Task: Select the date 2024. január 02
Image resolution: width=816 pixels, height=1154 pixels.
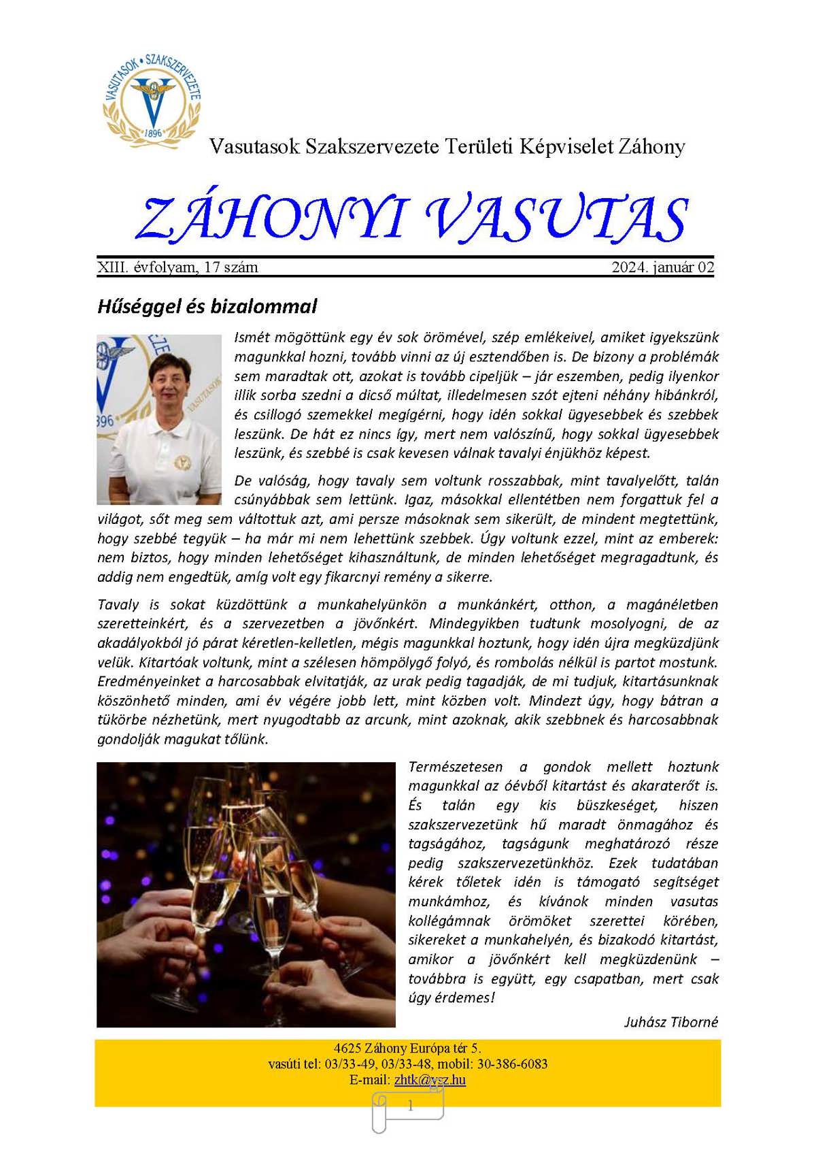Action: pos(662,267)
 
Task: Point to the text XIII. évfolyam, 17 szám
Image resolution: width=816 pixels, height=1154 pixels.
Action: pos(177,267)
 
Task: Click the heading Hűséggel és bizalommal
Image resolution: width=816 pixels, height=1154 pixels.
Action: pos(207,306)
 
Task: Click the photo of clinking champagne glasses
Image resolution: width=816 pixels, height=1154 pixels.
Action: pos(245,894)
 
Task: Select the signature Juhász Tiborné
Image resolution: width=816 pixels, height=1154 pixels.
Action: pos(670,1022)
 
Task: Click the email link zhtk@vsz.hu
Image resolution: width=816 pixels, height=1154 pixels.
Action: pos(430,1080)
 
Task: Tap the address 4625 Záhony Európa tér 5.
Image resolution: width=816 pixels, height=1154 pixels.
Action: pos(407,1049)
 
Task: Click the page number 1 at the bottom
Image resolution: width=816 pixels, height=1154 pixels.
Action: pos(410,1106)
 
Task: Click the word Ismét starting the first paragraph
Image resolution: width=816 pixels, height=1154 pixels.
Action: pos(254,337)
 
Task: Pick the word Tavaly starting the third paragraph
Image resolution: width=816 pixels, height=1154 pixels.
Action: pos(118,604)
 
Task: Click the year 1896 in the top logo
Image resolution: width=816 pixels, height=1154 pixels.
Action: pos(153,133)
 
